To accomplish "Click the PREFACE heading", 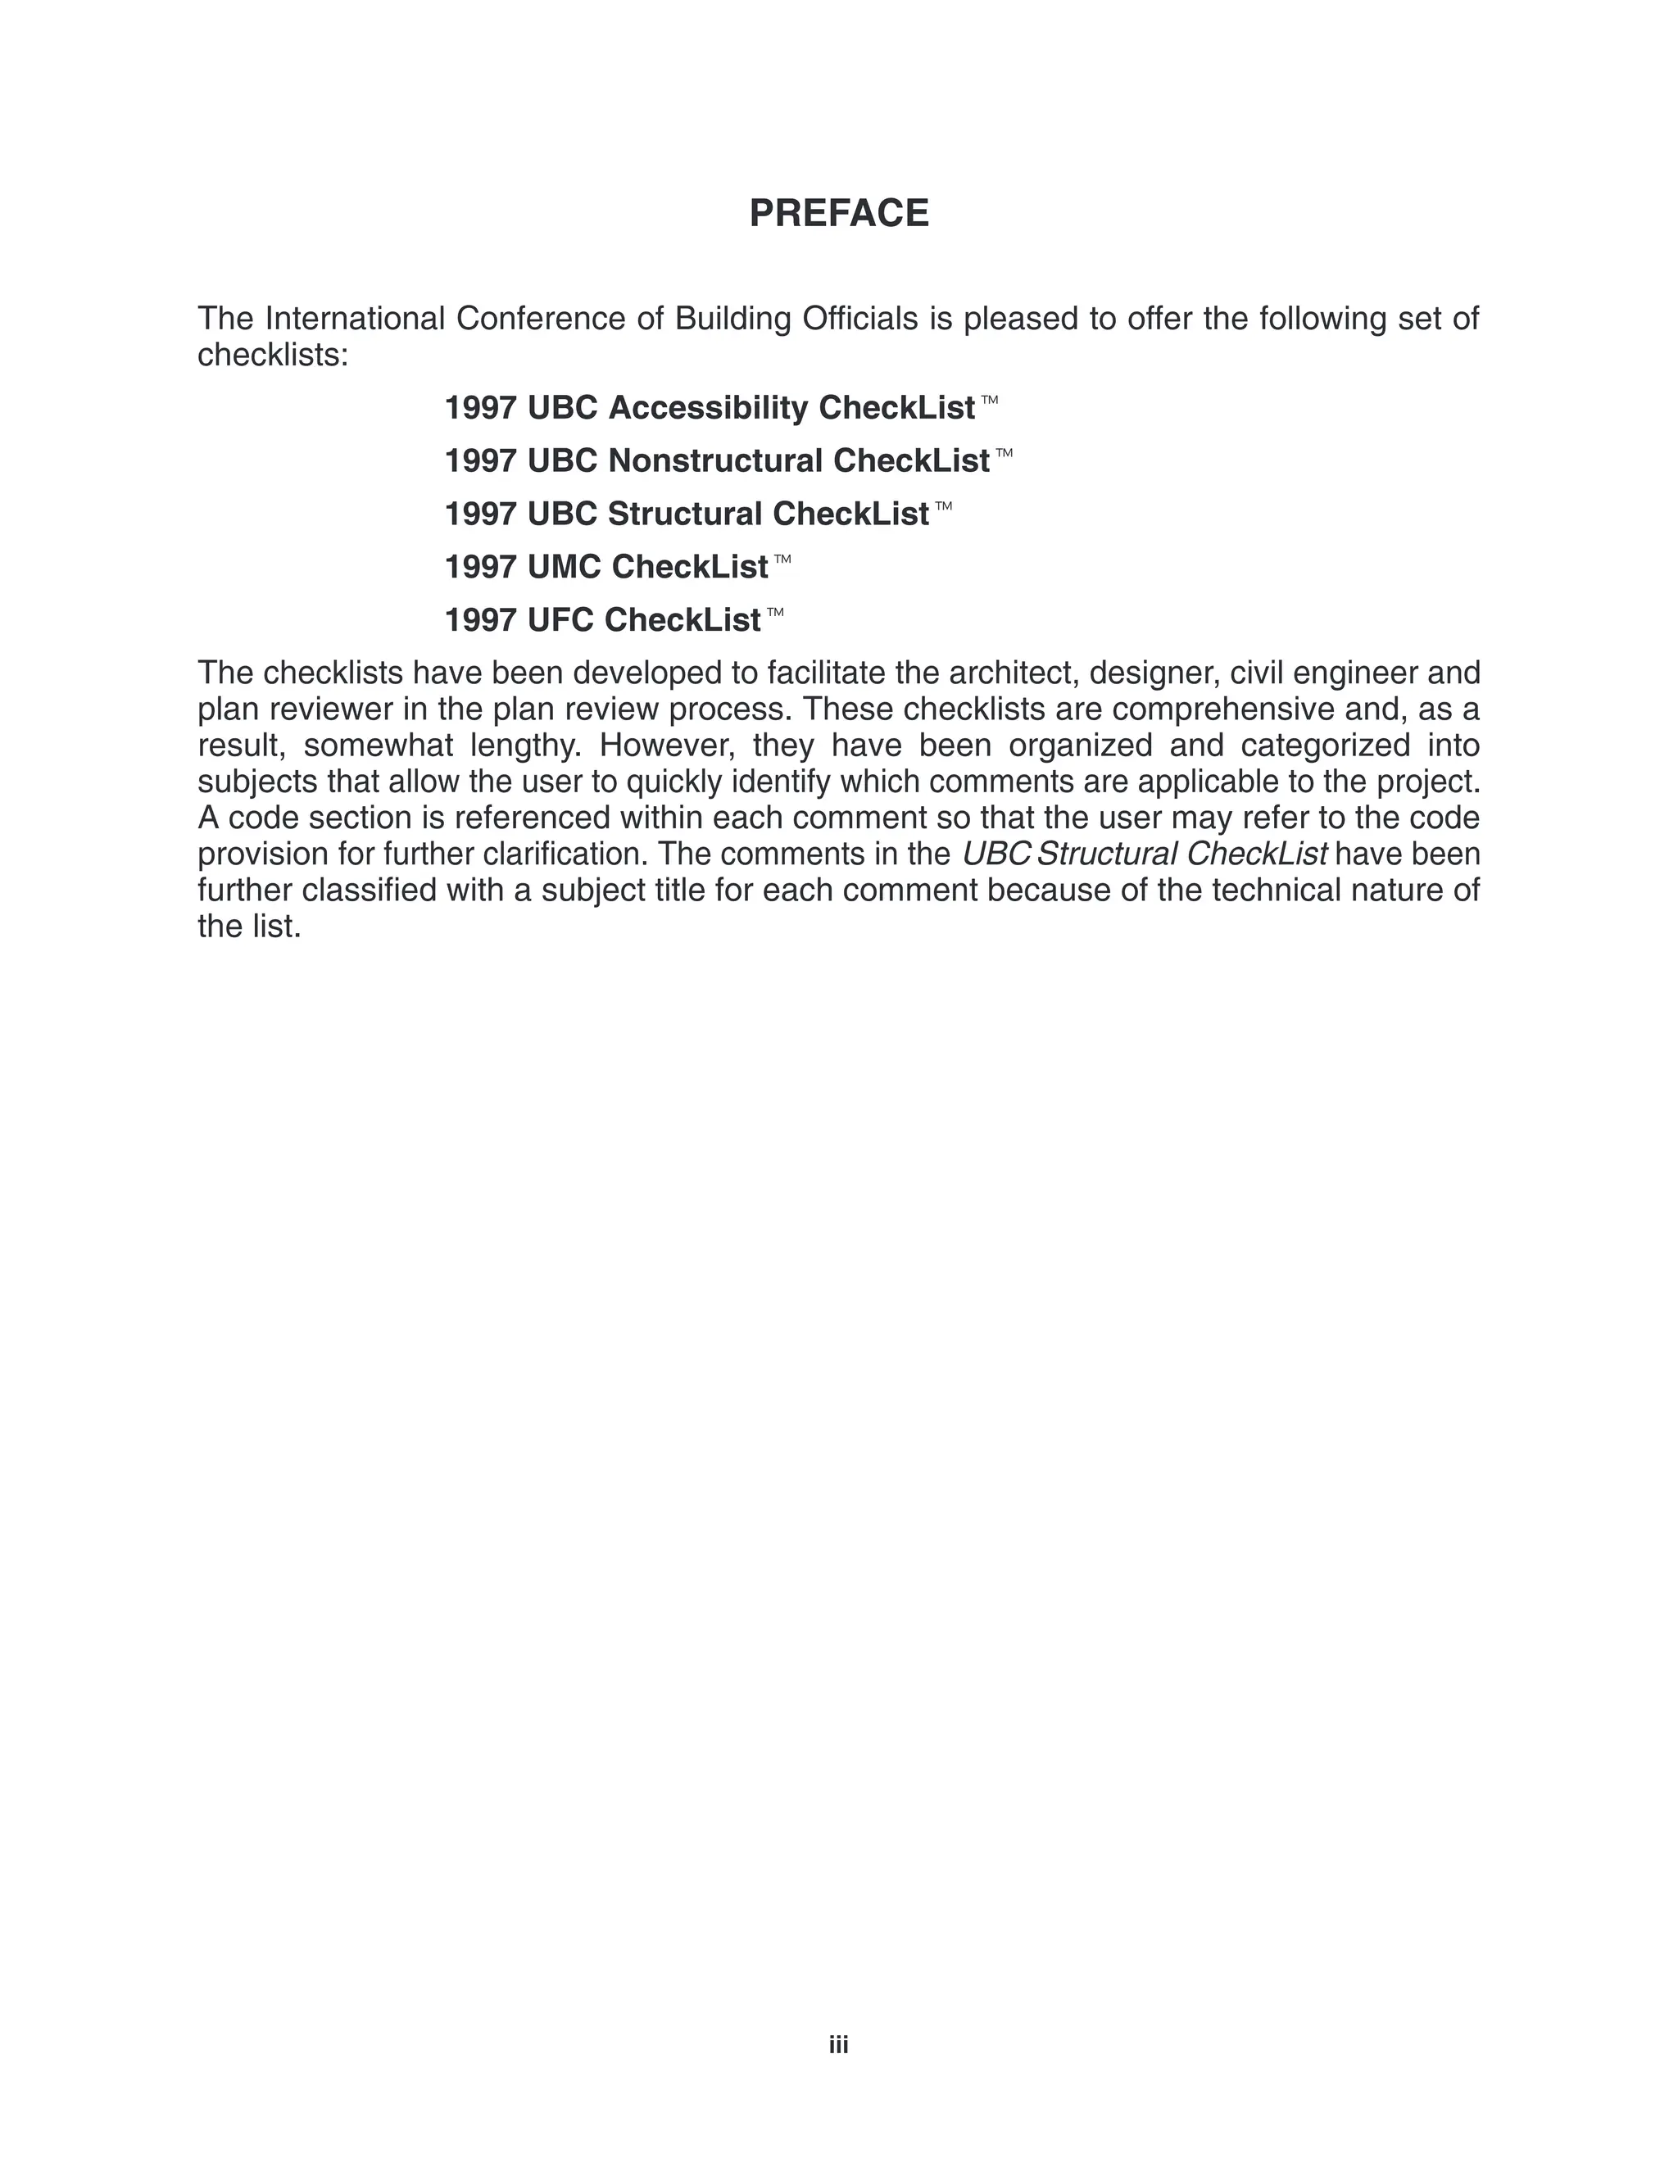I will coord(838,214).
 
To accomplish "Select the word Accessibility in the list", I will coord(708,407).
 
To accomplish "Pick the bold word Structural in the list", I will coord(685,514).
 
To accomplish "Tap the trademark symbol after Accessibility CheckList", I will coord(989,400).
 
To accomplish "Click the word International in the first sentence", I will coord(355,319).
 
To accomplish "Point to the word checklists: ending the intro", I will coord(274,355).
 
